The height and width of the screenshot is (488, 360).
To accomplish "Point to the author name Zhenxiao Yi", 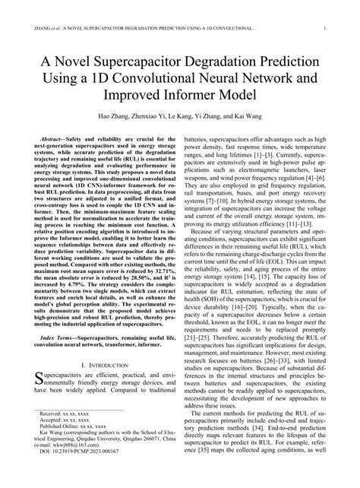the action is pos(149,119).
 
